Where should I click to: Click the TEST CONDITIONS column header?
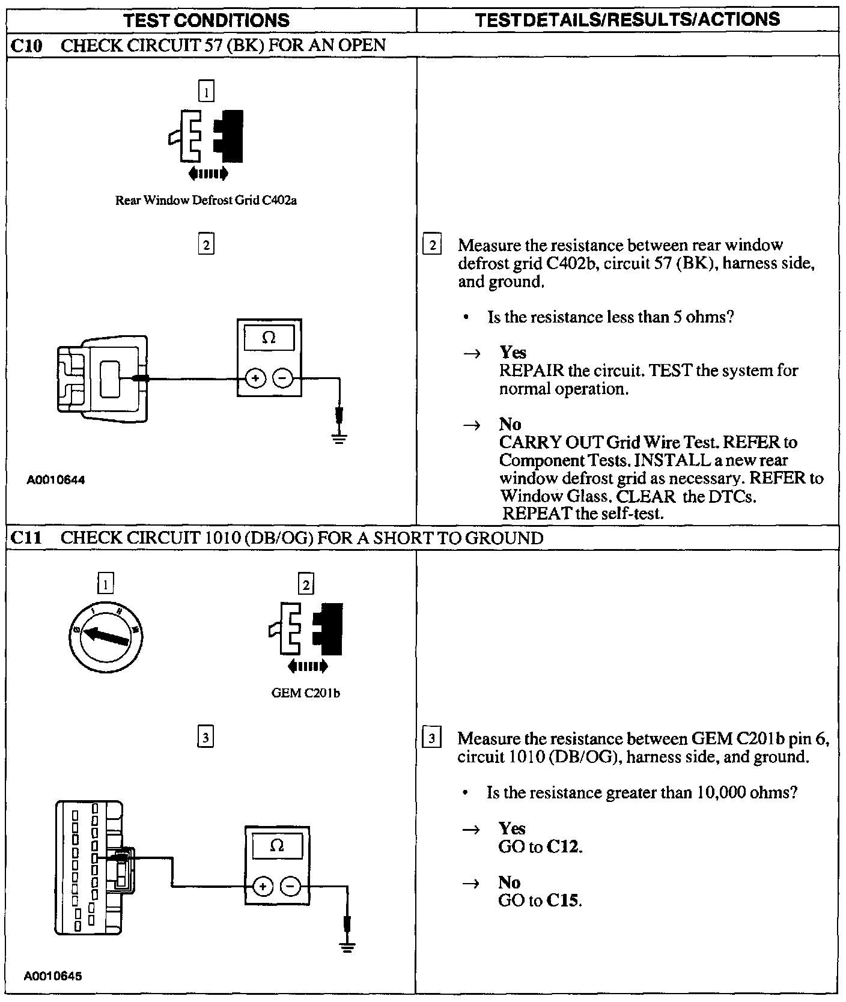click(206, 20)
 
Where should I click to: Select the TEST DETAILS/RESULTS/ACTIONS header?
click(627, 19)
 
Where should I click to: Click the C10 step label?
click(26, 45)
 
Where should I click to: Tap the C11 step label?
click(26, 538)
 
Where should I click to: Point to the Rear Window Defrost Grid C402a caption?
click(205, 201)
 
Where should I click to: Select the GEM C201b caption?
click(306, 693)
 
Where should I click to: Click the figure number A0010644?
click(56, 480)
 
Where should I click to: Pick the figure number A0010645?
click(54, 976)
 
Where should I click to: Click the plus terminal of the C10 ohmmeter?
click(255, 378)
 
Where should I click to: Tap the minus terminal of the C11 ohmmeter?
click(291, 886)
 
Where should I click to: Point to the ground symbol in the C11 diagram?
click(347, 947)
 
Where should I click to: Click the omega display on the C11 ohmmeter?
click(276, 846)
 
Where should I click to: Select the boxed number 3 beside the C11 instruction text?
click(432, 738)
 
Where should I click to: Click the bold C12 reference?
click(564, 847)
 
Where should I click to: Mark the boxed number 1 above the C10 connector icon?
click(206, 91)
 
